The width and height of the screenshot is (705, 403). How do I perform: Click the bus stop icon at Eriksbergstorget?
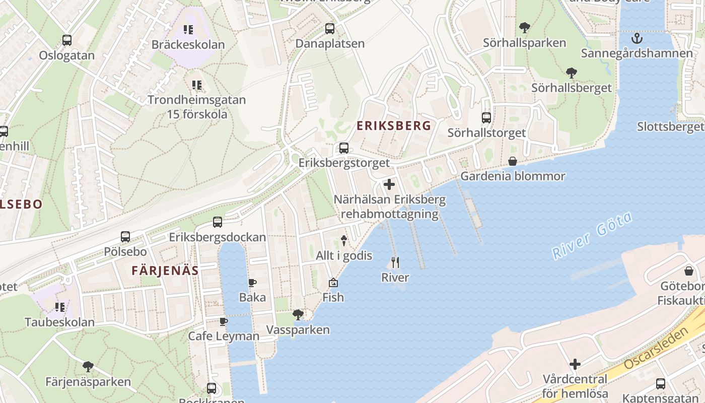(344, 148)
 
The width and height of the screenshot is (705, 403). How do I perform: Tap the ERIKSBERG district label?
(394, 126)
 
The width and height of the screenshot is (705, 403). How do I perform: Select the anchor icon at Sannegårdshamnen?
(637, 38)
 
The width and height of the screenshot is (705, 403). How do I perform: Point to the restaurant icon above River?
(395, 262)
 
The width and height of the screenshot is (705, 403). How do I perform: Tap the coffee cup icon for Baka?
(252, 283)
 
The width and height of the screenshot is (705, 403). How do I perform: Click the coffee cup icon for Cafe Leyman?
(224, 321)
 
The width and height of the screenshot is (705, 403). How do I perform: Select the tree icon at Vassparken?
(298, 315)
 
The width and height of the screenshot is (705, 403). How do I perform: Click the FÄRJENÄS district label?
(165, 271)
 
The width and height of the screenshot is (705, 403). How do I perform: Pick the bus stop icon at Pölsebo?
(125, 236)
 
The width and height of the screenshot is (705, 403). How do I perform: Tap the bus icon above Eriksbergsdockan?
(218, 222)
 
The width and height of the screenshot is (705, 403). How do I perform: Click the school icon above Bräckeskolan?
(188, 30)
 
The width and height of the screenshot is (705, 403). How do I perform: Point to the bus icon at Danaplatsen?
(330, 29)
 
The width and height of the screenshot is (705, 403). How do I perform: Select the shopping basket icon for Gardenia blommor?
(513, 161)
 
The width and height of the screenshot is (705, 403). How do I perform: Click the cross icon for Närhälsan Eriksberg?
(389, 185)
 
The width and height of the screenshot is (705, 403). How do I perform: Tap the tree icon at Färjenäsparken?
(88, 366)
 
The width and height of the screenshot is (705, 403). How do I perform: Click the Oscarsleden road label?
(655, 349)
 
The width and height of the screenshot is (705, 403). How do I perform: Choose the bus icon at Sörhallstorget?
(486, 118)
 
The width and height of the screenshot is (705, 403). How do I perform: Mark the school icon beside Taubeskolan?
(60, 307)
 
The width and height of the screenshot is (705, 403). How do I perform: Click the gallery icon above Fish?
(333, 283)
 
